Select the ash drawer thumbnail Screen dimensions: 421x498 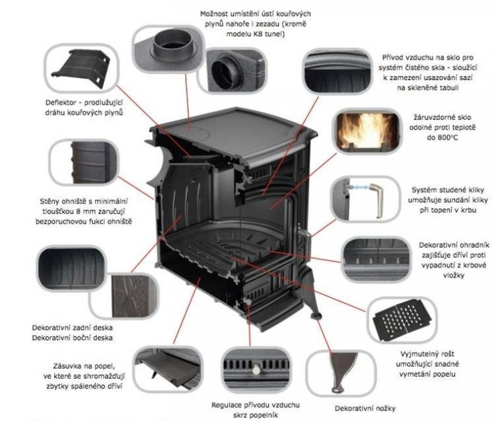tap(167, 367)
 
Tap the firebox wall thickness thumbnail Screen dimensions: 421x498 tap(83, 160)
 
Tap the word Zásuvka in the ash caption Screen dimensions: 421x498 tap(69, 364)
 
